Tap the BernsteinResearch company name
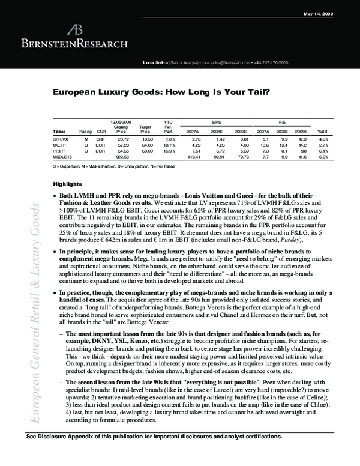coord(74,43)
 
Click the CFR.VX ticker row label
coord(60,139)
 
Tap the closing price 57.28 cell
coord(124,145)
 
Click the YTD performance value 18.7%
coord(169,145)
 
